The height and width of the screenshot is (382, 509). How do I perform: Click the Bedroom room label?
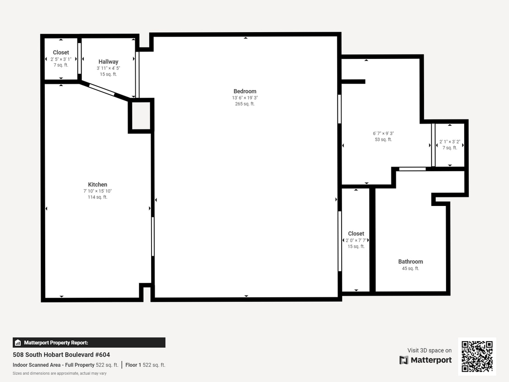pos(244,91)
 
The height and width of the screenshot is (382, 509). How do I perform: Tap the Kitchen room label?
pos(98,185)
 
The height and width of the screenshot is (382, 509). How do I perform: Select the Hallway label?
pos(108,62)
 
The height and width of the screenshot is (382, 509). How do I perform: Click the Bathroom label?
pos(410,262)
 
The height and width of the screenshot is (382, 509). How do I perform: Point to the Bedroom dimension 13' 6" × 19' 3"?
pos(244,98)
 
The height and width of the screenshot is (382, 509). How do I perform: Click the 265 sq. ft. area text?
pos(244,104)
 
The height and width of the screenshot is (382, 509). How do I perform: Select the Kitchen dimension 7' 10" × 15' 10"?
pos(98,191)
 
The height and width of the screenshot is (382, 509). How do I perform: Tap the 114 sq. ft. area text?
pos(98,197)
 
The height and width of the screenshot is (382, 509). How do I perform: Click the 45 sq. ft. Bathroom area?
pos(410,268)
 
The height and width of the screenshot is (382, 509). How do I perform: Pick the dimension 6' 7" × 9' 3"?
pos(383,134)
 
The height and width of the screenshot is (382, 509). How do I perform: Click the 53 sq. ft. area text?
pos(383,140)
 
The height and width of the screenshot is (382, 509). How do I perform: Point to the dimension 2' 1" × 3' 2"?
pos(449,142)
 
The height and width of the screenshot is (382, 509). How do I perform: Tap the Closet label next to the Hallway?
pos(61,53)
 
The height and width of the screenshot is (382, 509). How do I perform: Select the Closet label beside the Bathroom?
pos(356,234)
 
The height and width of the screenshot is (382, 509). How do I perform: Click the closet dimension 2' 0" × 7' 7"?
pos(356,240)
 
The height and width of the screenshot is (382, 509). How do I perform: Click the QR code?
pos(477,356)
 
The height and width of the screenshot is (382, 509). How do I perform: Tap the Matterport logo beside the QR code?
pos(426,360)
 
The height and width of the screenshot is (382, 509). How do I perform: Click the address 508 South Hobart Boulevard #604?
pos(61,355)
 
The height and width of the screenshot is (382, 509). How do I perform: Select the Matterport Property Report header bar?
pos(89,343)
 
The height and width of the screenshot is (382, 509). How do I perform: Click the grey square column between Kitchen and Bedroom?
pos(141,116)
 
